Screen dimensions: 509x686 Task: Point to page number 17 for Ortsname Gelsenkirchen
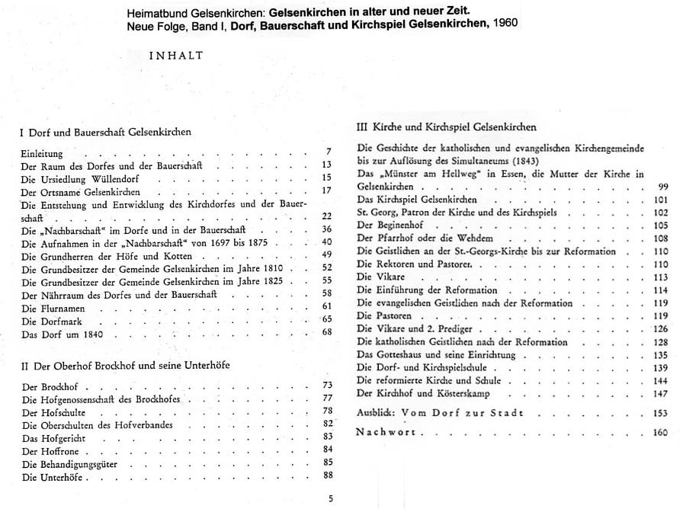[x=326, y=190]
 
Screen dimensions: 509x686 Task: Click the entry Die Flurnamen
[x=53, y=308]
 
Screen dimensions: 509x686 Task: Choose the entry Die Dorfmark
[x=50, y=320]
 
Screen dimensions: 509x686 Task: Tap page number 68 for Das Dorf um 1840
[x=327, y=332]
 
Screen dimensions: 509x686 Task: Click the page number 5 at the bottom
[x=331, y=499]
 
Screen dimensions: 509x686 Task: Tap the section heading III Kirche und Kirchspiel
[x=447, y=126]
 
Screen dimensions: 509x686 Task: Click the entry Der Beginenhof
[x=390, y=226]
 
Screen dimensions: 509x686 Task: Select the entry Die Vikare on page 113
[x=381, y=277]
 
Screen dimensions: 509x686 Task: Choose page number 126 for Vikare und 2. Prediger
[x=660, y=329]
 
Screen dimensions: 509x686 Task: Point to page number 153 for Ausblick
[x=660, y=413]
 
